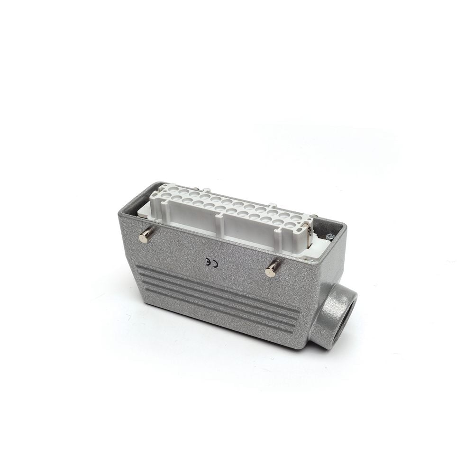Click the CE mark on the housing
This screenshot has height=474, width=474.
coord(211,263)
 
